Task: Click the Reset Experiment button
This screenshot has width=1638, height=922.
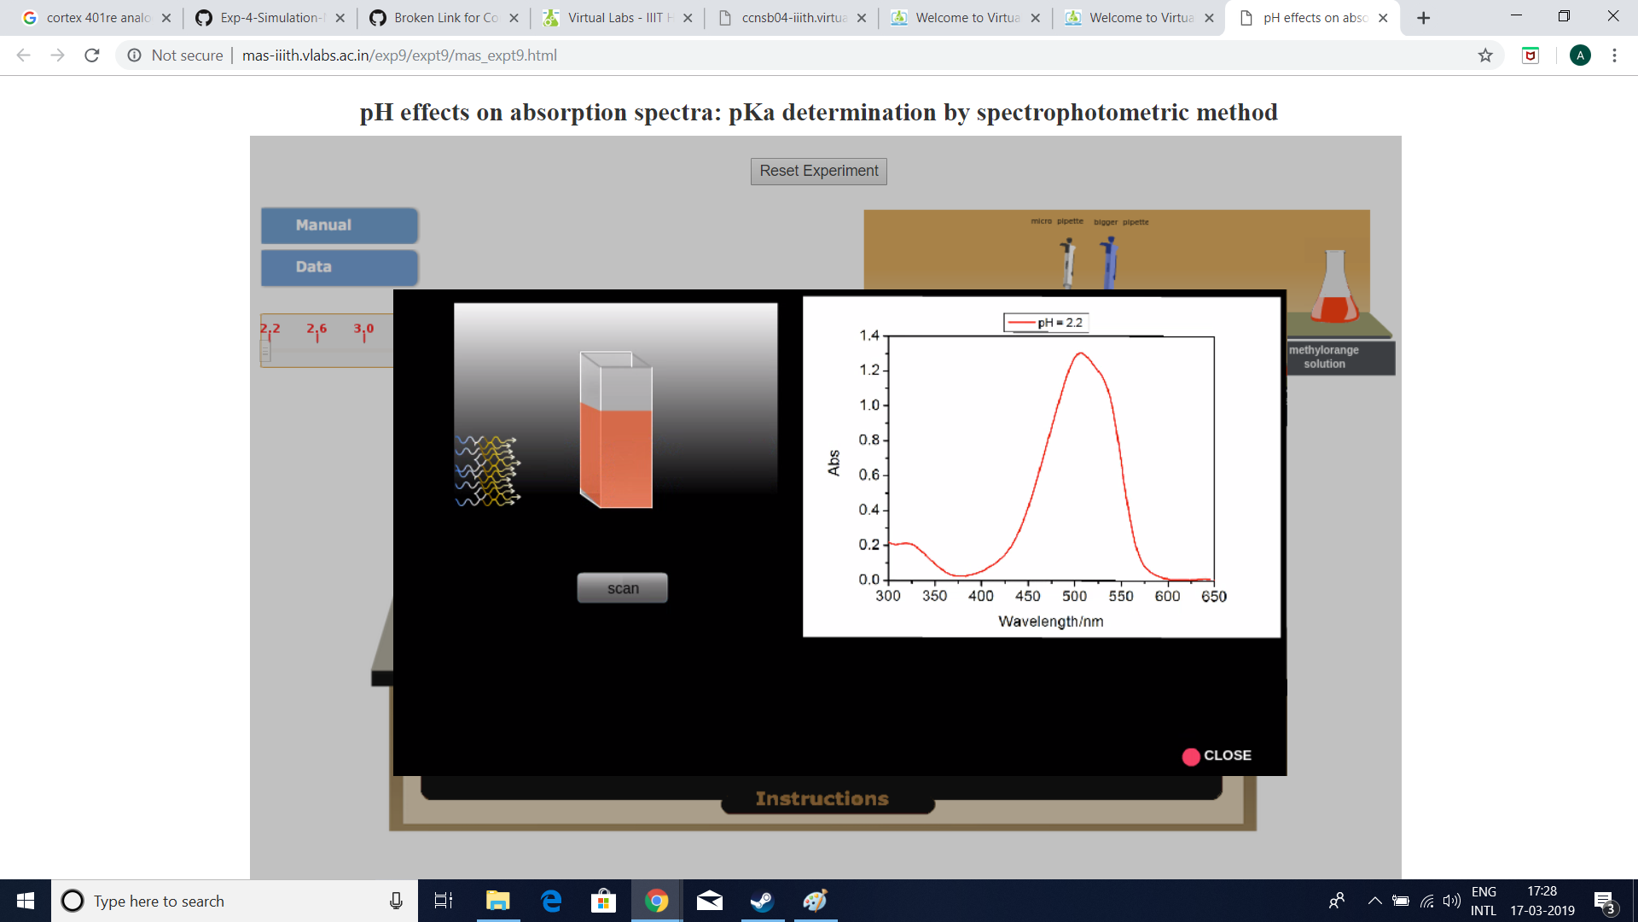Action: click(x=818, y=171)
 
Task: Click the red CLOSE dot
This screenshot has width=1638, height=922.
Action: click(x=1191, y=756)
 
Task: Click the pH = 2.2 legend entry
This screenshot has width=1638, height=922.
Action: click(x=1046, y=323)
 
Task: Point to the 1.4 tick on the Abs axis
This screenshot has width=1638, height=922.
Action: click(x=869, y=336)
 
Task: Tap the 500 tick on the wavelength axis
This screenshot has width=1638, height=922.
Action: click(x=1074, y=596)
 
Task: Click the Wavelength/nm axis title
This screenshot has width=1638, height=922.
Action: click(x=1050, y=621)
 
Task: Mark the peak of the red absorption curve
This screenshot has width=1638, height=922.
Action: click(x=1081, y=353)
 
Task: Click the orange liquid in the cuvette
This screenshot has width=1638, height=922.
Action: click(x=616, y=457)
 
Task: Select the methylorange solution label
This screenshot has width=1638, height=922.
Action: click(x=1323, y=357)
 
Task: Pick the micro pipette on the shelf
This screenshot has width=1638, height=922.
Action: click(x=1067, y=262)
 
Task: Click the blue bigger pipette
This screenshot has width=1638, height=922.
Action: click(x=1109, y=262)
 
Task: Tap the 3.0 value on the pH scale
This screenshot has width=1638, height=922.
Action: click(x=363, y=329)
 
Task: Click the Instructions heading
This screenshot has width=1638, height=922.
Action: click(x=822, y=799)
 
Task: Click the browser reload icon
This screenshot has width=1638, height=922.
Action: click(x=92, y=55)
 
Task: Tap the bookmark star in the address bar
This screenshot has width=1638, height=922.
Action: click(x=1485, y=55)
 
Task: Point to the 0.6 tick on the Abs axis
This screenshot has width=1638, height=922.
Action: click(x=869, y=475)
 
